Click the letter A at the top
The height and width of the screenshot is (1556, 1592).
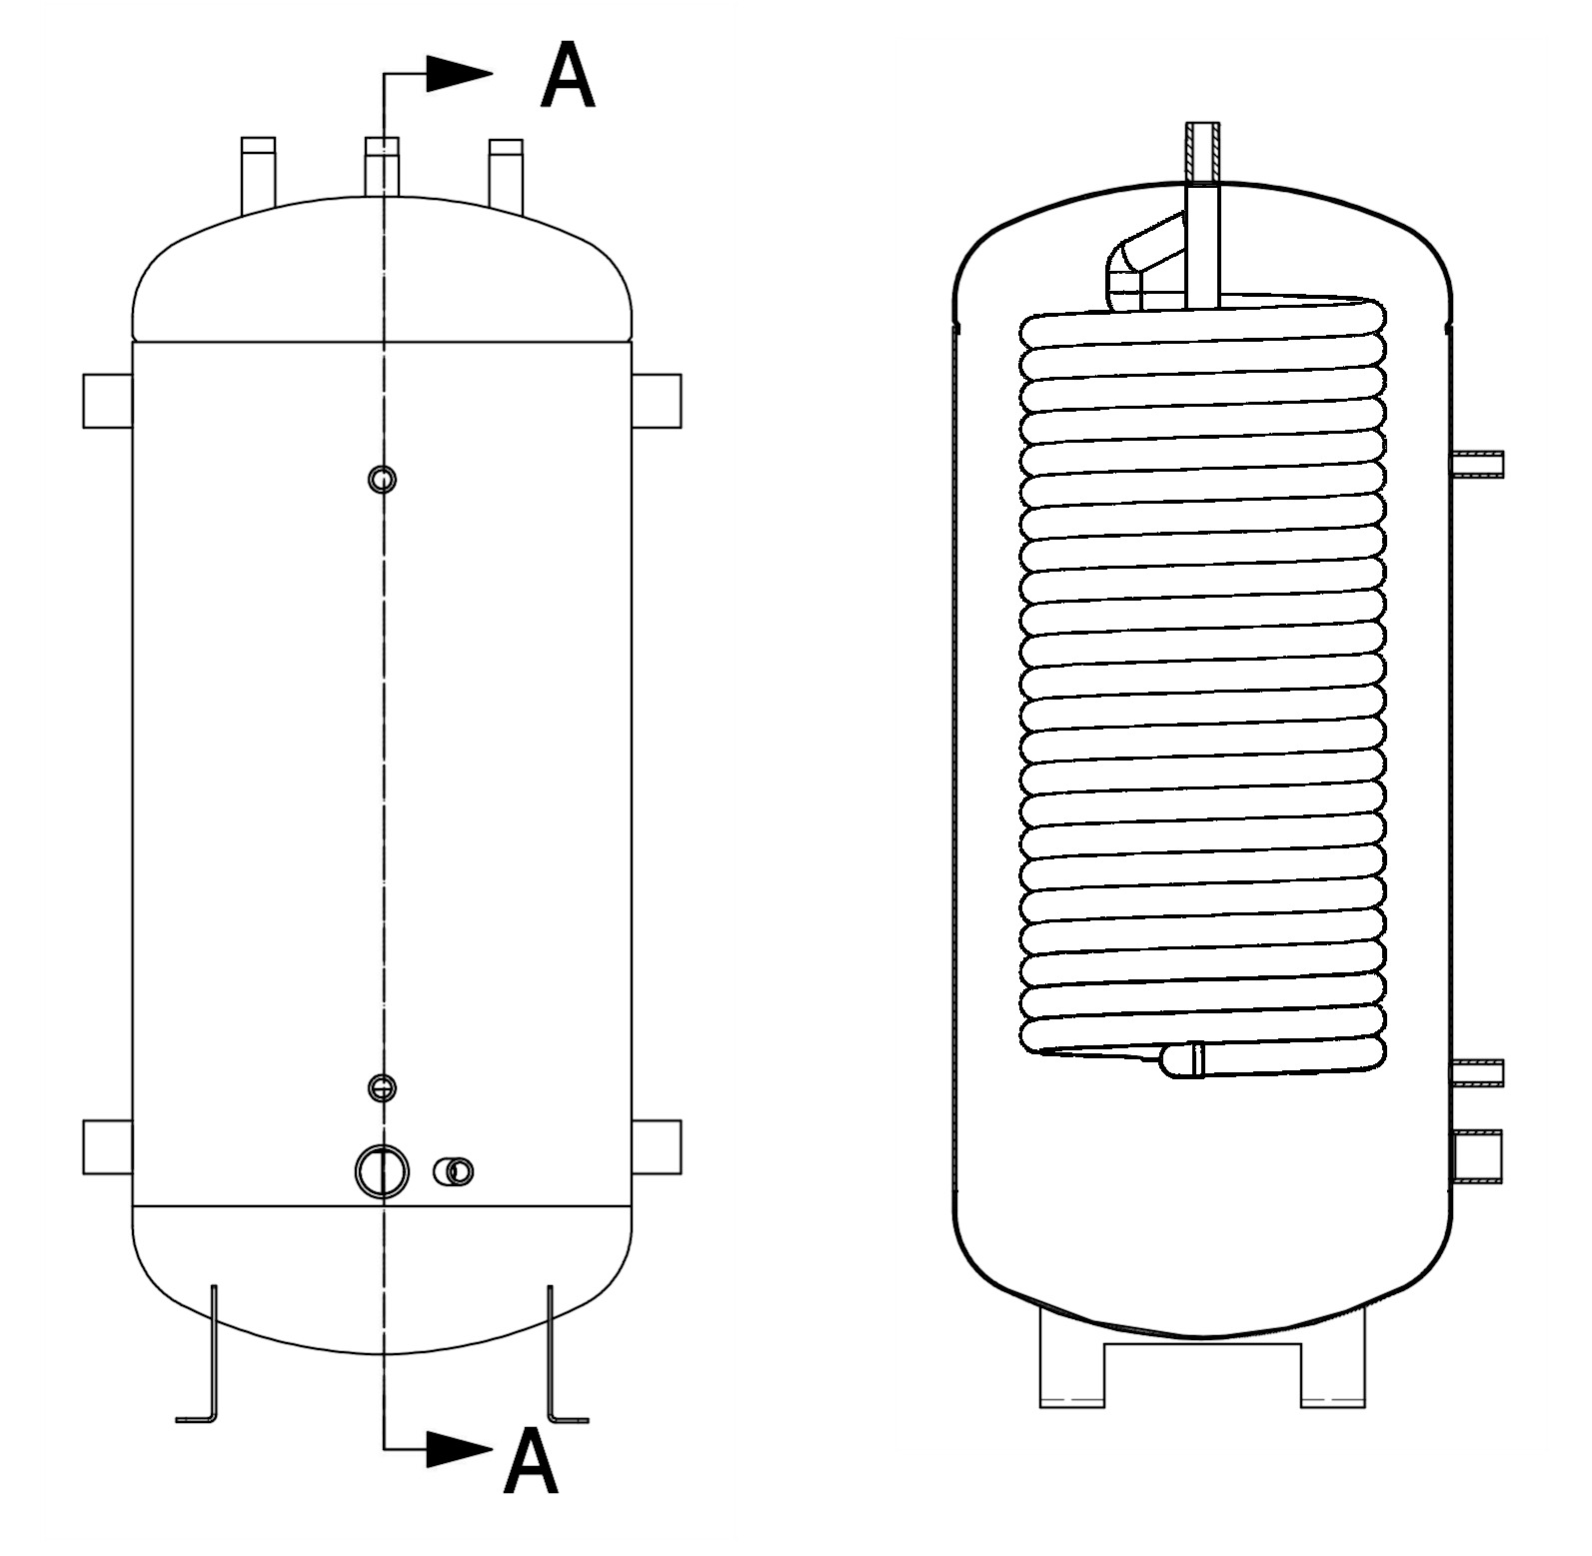(x=567, y=76)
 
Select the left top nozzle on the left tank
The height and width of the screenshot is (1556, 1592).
(x=258, y=174)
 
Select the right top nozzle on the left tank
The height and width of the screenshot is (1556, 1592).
(x=506, y=175)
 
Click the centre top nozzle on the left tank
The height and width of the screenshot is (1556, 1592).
(x=382, y=166)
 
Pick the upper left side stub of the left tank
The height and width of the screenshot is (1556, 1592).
(x=108, y=401)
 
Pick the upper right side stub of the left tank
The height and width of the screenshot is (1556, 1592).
(x=657, y=401)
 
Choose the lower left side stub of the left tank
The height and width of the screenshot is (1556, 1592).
(x=108, y=1147)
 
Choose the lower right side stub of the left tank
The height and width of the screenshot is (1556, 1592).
(x=657, y=1147)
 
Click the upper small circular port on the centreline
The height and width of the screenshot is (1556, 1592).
(x=382, y=480)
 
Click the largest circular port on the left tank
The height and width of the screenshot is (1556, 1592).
(x=382, y=1171)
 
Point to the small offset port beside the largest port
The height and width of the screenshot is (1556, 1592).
(x=454, y=1171)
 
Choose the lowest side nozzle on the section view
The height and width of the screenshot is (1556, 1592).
(x=1477, y=1155)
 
